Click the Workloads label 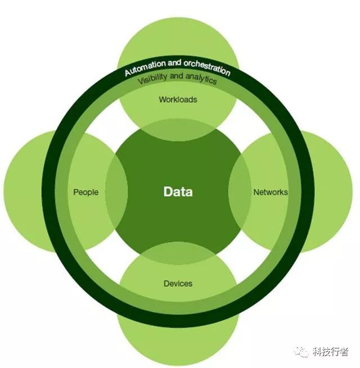[178, 99]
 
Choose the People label [85, 192]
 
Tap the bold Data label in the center [178, 192]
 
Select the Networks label [271, 192]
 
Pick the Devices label [178, 283]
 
